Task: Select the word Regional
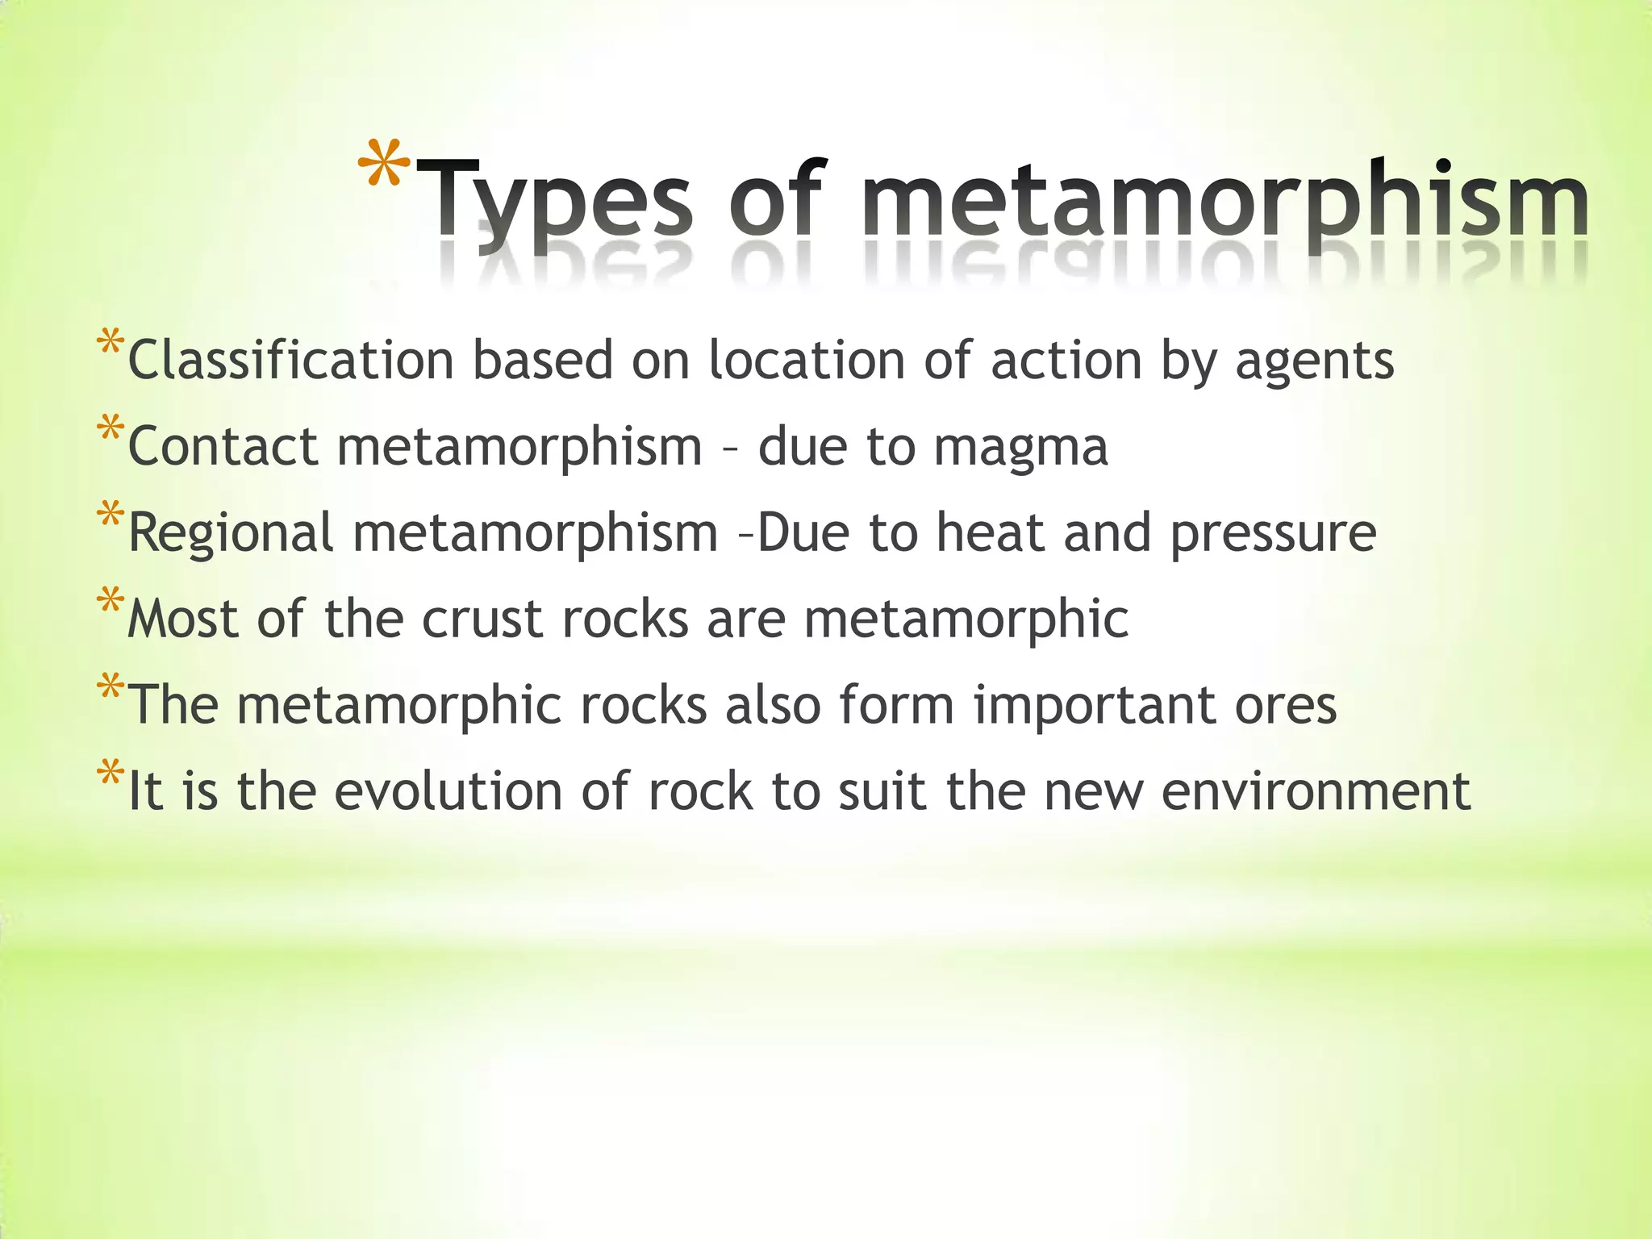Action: click(x=231, y=534)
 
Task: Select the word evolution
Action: click(x=448, y=791)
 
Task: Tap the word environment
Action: click(x=1316, y=791)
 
